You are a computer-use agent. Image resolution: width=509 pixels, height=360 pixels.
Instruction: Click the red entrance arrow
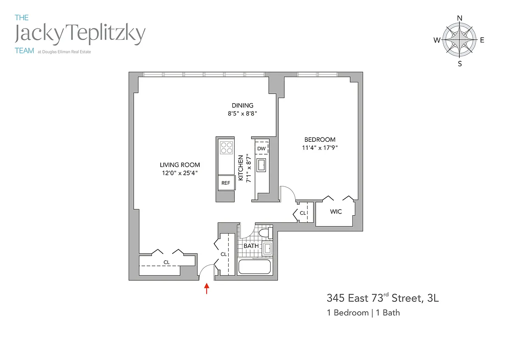pos(207,288)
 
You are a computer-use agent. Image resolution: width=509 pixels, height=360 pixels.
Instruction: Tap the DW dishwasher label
pos(261,149)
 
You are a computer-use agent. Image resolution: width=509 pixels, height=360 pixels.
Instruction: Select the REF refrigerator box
pos(227,183)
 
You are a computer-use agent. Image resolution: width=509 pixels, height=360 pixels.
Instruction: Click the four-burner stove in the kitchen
pos(227,148)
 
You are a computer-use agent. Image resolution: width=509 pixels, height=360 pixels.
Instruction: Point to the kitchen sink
pos(261,165)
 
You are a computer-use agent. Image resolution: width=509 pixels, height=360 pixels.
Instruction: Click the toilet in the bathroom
pos(266,233)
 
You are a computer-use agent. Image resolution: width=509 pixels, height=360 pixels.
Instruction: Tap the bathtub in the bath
pos(254,266)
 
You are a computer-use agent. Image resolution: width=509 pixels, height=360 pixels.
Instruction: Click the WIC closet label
pos(336,211)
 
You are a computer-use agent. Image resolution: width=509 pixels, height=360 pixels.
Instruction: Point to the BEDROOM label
pos(320,139)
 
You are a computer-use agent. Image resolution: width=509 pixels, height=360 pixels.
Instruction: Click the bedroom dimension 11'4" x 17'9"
pos(320,148)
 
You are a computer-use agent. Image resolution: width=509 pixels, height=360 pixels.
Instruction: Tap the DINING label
pos(243,105)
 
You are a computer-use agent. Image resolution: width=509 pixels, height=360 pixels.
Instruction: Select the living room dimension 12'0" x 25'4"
pos(180,173)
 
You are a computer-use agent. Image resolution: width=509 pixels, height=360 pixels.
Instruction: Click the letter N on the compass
pos(459,18)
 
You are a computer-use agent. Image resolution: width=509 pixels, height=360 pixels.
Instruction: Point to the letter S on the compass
pos(460,64)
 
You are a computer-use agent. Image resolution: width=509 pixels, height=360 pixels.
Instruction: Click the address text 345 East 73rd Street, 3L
pos(383,298)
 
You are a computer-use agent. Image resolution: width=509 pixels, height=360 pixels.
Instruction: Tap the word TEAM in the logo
pos(24,51)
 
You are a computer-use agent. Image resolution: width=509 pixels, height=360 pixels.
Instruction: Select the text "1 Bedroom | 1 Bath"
pos(364,313)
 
